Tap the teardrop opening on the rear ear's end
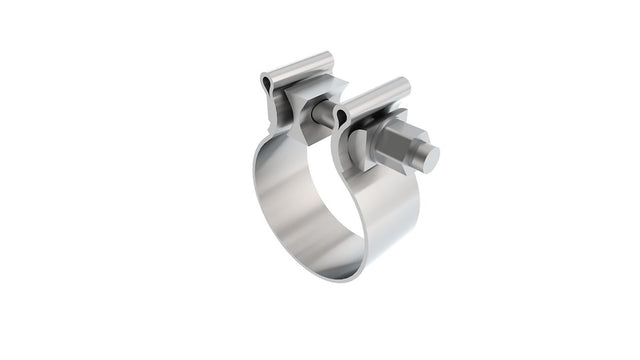pyautogui.click(x=266, y=79)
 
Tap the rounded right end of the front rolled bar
pyautogui.click(x=405, y=84)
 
